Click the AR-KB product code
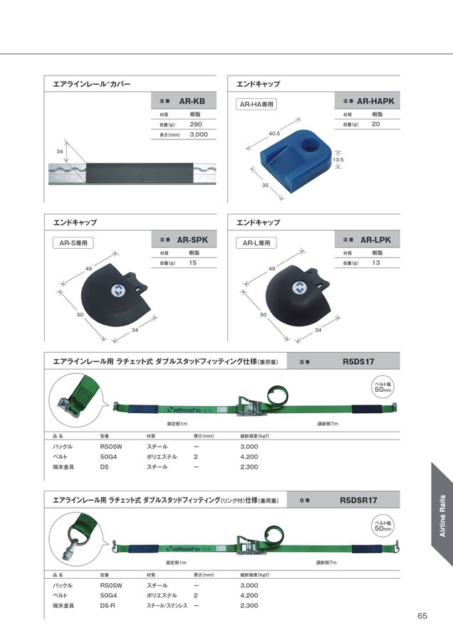pyautogui.click(x=192, y=101)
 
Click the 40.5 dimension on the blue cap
pyautogui.click(x=274, y=133)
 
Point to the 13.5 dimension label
pyautogui.click(x=338, y=160)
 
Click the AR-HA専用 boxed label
pyautogui.click(x=256, y=105)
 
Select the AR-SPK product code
pyautogui.click(x=192, y=240)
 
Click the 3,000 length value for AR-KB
pyautogui.click(x=199, y=134)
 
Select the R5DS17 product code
pyautogui.click(x=358, y=361)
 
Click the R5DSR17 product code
pyautogui.click(x=358, y=500)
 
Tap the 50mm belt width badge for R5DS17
pyautogui.click(x=383, y=388)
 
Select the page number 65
pyautogui.click(x=422, y=616)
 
